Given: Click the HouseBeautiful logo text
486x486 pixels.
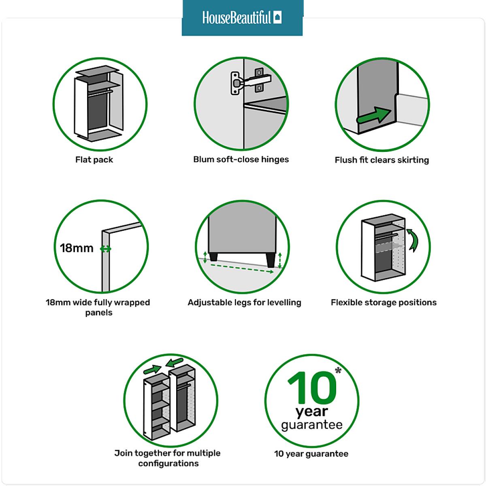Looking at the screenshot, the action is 236,17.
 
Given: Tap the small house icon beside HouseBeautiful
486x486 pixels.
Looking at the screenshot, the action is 278,17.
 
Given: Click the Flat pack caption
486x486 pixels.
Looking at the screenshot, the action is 94,160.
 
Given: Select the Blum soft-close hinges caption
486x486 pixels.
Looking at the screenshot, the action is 241,160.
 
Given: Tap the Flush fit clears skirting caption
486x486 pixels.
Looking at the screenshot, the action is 382,160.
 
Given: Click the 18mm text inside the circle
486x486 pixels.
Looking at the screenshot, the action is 77,248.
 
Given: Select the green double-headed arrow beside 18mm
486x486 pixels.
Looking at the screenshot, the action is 105,249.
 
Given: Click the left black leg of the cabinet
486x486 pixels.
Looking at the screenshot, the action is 213,257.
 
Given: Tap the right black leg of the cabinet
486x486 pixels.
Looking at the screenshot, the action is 271,260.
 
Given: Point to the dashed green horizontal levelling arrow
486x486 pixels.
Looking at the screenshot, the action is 242,269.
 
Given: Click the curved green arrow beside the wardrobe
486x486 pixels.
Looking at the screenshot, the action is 413,240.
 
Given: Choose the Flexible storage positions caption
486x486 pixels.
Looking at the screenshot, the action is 384,303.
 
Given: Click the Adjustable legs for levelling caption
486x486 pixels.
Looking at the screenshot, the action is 244,303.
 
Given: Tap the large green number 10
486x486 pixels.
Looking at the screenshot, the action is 312,388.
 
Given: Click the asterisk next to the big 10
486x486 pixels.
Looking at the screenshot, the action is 338,371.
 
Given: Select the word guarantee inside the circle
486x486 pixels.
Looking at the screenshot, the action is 312,425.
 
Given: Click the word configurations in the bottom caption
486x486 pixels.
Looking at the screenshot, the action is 168,464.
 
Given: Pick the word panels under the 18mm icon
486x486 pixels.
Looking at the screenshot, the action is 98,313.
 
